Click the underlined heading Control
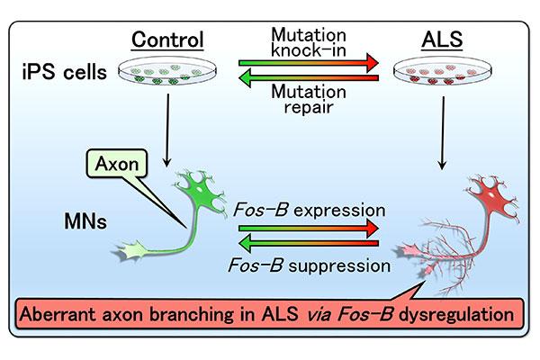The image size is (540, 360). [x=166, y=40]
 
